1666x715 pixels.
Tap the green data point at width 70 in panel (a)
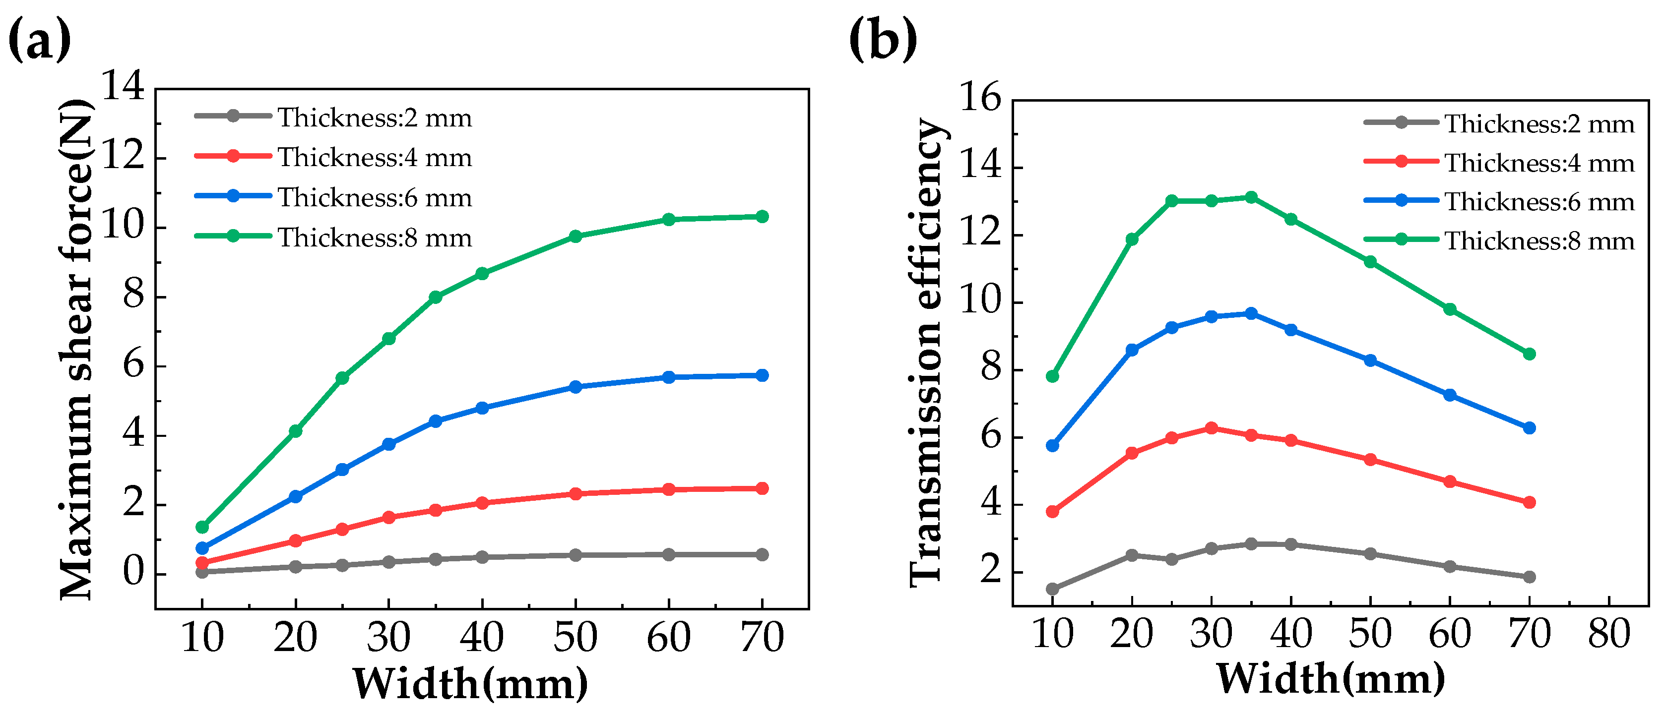click(x=762, y=217)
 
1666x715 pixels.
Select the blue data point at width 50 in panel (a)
click(x=576, y=387)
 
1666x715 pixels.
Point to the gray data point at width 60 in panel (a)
click(x=669, y=555)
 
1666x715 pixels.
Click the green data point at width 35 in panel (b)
click(x=1251, y=197)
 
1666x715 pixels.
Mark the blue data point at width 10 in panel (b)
click(x=1052, y=445)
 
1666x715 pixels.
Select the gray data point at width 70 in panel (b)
click(x=1530, y=577)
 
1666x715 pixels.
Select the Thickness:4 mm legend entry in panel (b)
click(x=1499, y=162)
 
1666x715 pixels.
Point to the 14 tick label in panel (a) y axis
click(x=124, y=85)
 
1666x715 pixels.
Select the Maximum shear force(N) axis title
click(x=76, y=349)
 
